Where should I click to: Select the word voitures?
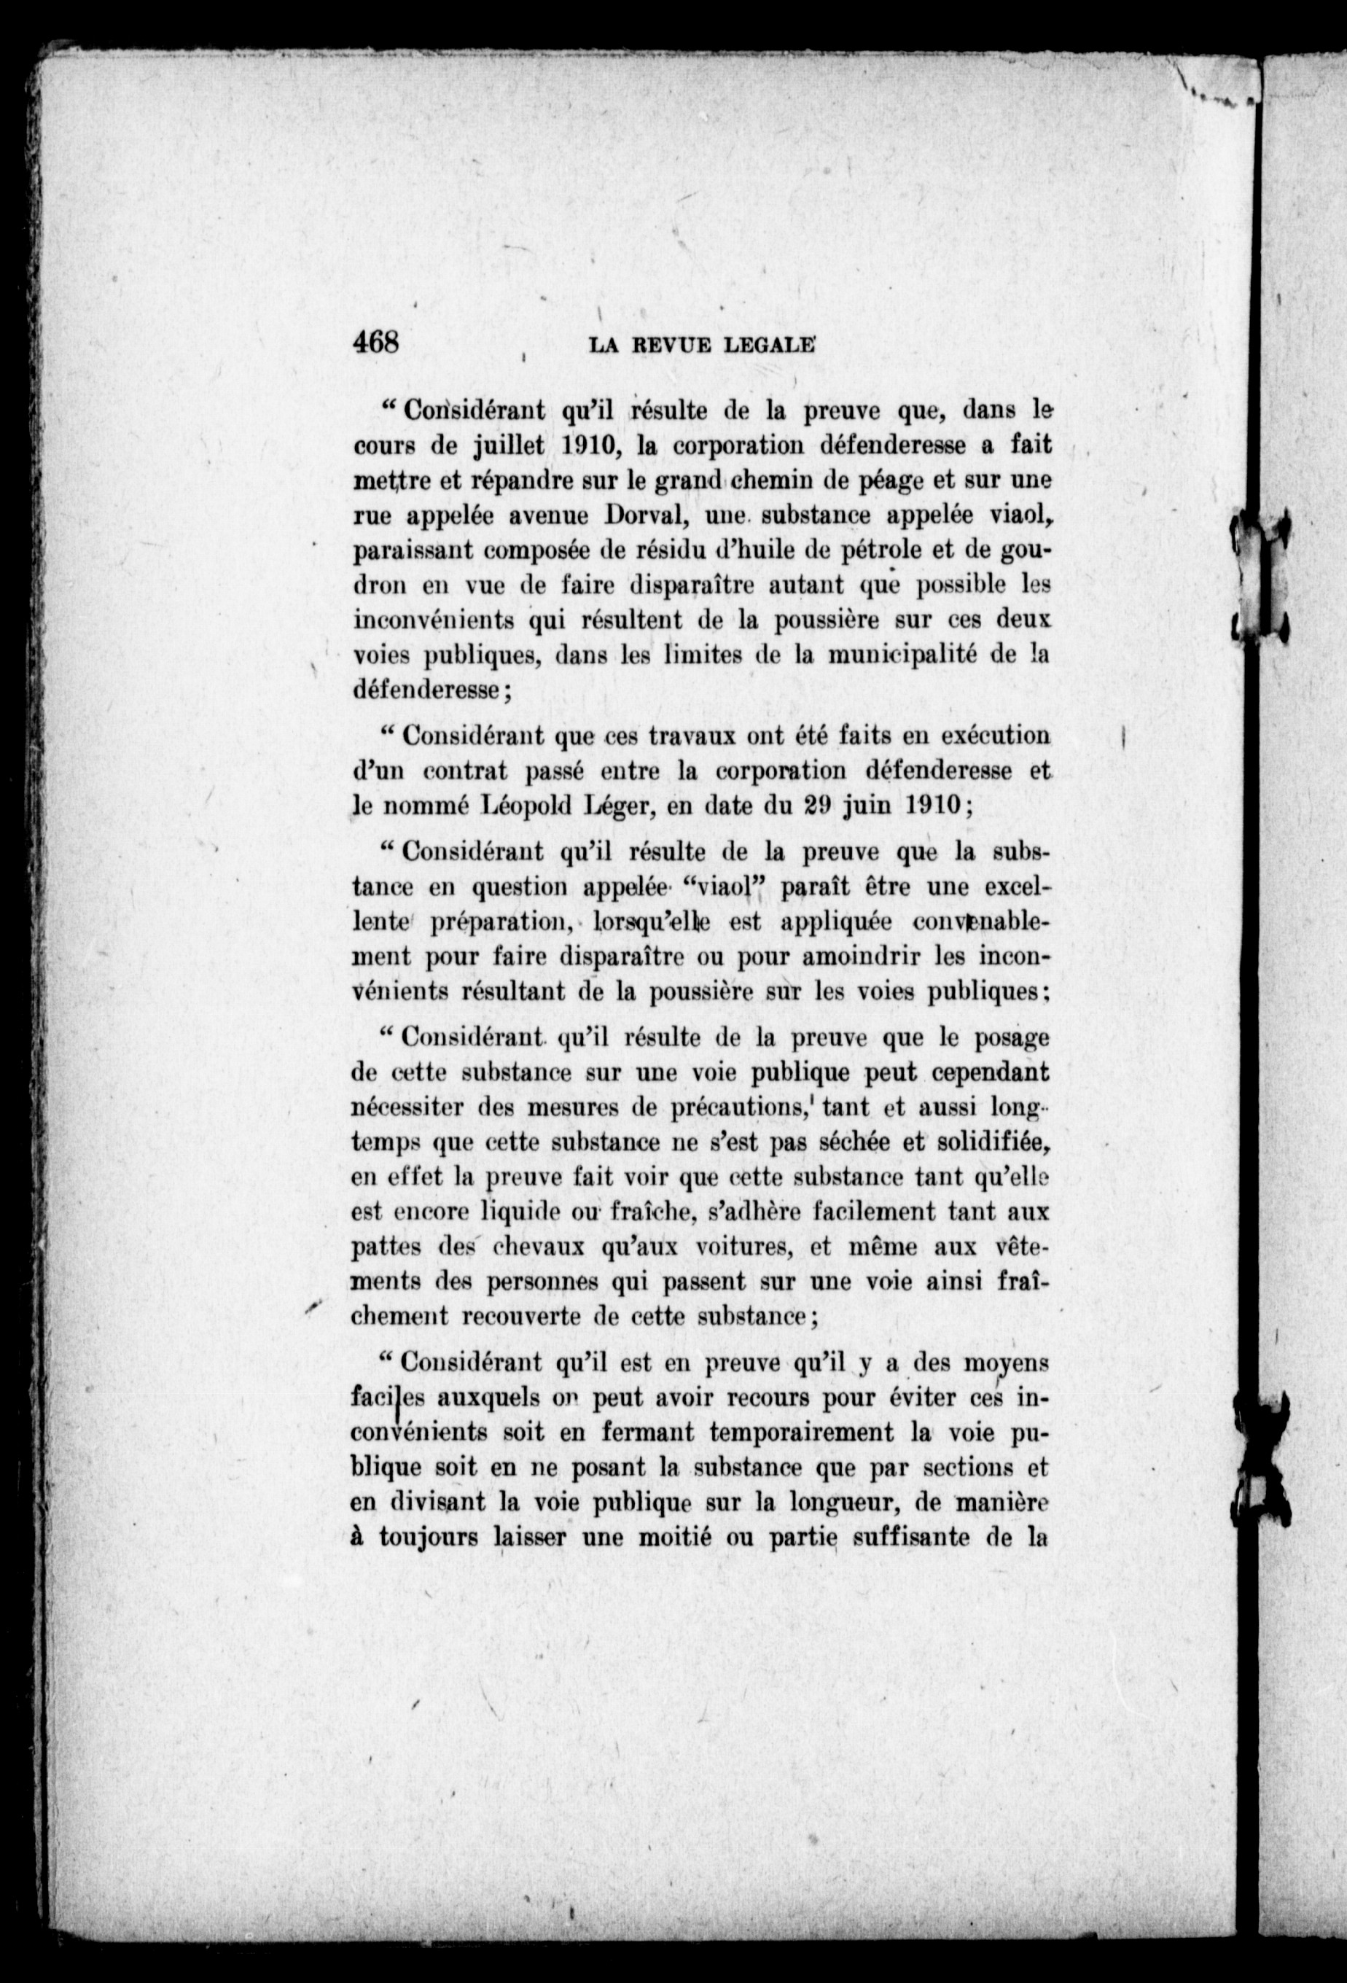725,1248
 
